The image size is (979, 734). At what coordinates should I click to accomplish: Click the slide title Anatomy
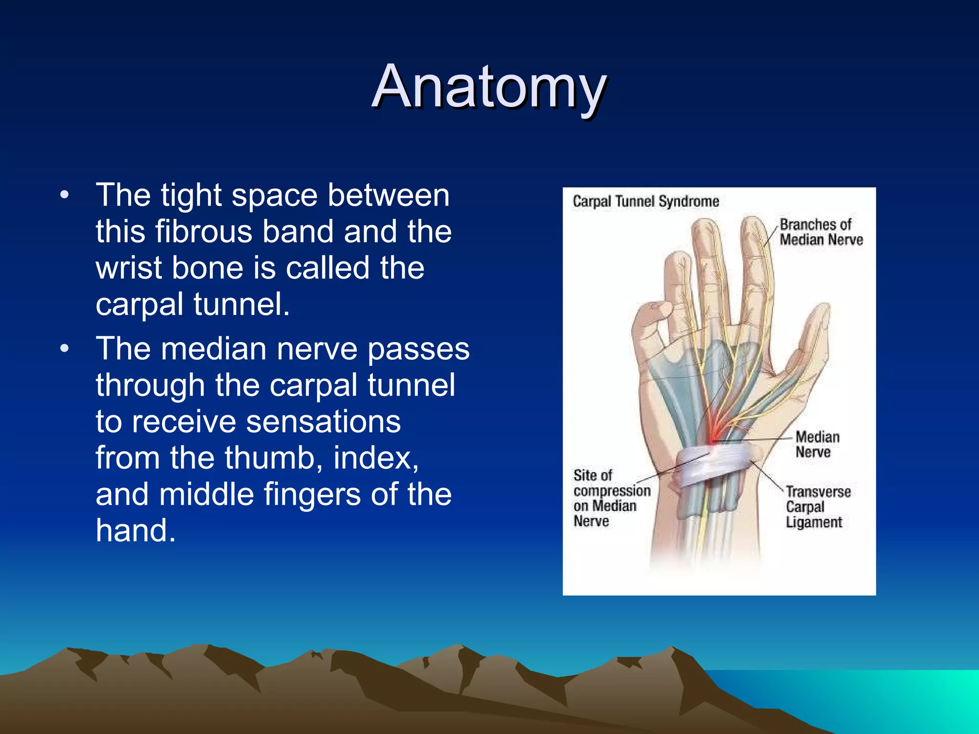click(x=489, y=87)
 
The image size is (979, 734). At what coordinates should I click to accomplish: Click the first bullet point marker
click(x=65, y=195)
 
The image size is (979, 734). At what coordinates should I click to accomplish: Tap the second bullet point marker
click(x=65, y=349)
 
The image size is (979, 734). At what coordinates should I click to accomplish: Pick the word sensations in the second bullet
click(x=323, y=421)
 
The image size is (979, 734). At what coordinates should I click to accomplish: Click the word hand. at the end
click(x=135, y=530)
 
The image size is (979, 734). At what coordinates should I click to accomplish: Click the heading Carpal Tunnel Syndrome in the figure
click(x=645, y=202)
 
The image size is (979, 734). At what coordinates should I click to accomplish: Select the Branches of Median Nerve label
click(x=821, y=232)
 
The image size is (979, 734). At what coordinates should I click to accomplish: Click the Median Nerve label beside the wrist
click(x=817, y=444)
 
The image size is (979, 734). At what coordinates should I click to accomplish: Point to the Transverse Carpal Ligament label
click(x=817, y=507)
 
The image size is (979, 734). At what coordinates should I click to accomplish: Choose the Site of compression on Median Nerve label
click(x=611, y=498)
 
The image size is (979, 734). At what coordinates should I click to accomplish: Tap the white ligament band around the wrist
click(x=712, y=466)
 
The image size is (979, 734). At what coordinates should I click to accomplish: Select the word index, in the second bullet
click(x=376, y=458)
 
